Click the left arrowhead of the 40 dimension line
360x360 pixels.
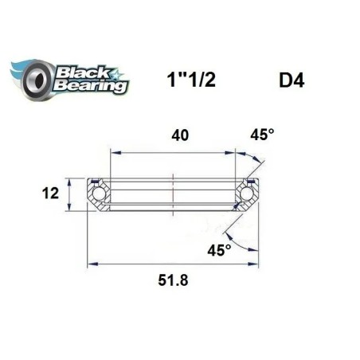112,151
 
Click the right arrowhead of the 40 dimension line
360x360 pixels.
233,151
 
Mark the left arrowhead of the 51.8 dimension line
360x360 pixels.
90,263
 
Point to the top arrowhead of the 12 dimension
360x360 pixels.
70,178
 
